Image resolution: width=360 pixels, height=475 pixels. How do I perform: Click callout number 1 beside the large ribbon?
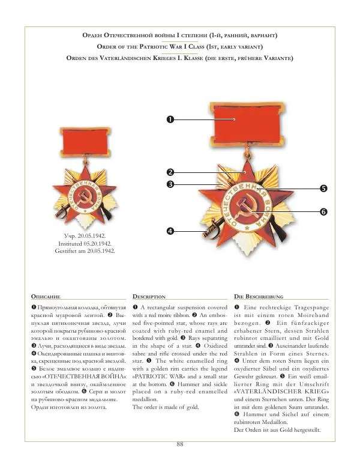click(170, 120)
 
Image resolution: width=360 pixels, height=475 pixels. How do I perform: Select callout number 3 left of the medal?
click(170, 184)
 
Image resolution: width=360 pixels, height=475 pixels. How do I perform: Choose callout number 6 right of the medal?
click(323, 212)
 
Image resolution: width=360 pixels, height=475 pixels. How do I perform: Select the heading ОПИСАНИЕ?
click(45, 297)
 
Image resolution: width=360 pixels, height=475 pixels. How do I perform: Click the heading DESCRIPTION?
click(149, 297)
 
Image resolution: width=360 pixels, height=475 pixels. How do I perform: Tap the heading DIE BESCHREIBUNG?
click(258, 297)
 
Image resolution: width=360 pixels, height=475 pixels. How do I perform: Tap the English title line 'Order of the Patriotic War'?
click(180, 47)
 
